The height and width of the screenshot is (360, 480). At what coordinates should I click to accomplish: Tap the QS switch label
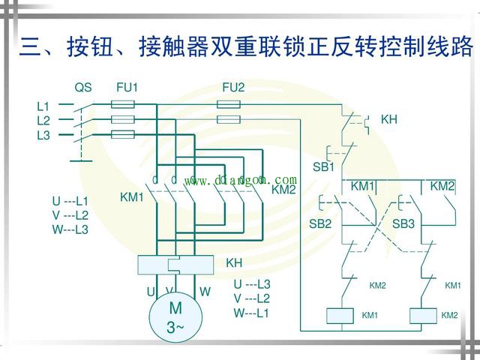click(83, 88)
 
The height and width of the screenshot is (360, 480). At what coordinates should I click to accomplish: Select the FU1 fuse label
click(127, 88)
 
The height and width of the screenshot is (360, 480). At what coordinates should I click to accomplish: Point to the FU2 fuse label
click(233, 88)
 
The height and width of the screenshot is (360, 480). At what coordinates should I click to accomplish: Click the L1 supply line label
click(43, 106)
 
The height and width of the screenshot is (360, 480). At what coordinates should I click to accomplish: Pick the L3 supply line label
click(43, 135)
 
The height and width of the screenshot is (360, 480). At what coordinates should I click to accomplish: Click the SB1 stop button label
click(323, 166)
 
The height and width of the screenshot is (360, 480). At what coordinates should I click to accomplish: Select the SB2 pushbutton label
click(320, 223)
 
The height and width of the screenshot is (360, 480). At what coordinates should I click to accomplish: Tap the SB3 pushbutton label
click(403, 223)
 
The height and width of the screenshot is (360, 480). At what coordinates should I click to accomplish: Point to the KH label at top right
click(388, 119)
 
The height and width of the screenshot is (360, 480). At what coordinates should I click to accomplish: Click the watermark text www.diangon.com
click(244, 180)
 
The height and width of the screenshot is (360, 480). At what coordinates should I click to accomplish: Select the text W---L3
click(70, 229)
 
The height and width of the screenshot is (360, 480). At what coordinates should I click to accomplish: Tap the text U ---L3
click(252, 284)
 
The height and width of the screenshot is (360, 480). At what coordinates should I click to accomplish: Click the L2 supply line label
click(43, 120)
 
